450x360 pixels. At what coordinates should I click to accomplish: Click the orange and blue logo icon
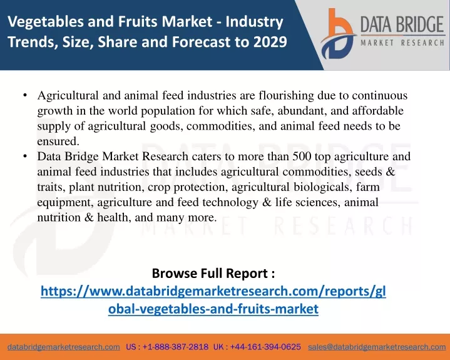coord(339,34)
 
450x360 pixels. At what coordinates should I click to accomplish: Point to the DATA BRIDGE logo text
coord(402,24)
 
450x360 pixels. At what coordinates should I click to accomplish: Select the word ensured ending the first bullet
coord(58,141)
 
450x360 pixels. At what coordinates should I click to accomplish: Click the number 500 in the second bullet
coord(302,157)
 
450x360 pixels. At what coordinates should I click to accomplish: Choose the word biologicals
coord(322,187)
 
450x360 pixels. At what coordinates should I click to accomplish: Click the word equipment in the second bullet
coord(66,203)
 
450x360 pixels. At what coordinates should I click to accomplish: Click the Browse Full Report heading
coord(213,273)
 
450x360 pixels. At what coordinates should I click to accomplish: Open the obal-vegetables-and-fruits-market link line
coord(213,309)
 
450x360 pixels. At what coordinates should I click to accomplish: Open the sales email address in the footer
coord(377,347)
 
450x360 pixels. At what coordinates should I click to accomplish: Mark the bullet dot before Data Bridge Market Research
coord(25,156)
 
